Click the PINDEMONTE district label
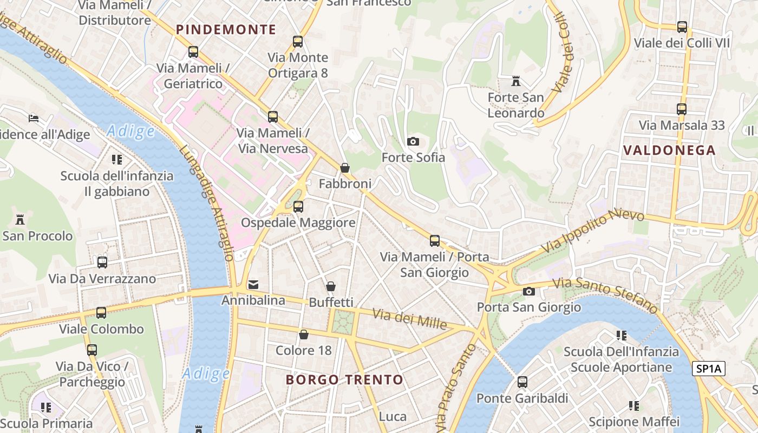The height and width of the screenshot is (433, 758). point(226,30)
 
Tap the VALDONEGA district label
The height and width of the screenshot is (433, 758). point(669,150)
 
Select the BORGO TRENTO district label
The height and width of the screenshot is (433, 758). point(344,380)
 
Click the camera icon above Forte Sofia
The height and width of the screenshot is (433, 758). point(413,142)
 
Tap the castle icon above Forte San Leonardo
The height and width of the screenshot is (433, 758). point(516,82)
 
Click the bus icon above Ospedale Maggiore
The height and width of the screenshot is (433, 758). point(298,207)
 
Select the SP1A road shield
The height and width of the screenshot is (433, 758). point(709,369)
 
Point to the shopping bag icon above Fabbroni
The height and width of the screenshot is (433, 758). point(345,168)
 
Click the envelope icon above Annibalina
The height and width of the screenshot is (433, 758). point(253,284)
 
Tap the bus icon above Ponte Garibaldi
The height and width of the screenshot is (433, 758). point(522,382)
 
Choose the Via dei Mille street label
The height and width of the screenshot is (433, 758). point(410,319)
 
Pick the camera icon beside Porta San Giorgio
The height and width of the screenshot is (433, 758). point(529,292)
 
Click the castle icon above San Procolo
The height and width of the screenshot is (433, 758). point(21,220)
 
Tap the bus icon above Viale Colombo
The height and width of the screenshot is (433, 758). point(101,313)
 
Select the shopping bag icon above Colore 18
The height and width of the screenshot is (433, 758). point(304,334)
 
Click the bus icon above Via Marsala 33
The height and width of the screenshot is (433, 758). point(682,109)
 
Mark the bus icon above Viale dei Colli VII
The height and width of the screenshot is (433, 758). point(682,27)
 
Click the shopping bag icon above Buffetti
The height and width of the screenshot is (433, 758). point(331,286)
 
